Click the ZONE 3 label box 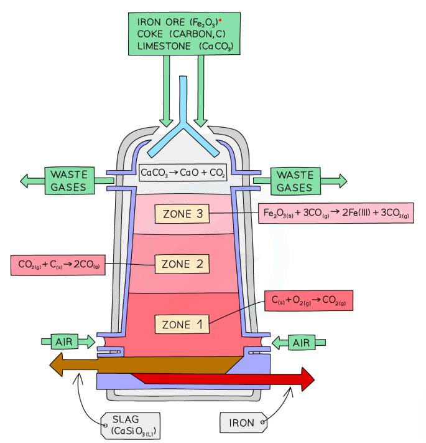click(182, 214)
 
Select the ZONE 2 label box click(182, 264)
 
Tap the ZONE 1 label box click(182, 325)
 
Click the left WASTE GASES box click(70, 181)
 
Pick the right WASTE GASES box click(295, 181)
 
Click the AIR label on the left click(64, 342)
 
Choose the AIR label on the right click(302, 343)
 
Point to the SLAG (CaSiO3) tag click(130, 426)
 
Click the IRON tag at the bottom click(243, 422)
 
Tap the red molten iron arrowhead click(308, 379)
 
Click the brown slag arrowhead click(56, 364)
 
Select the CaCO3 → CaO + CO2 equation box click(183, 173)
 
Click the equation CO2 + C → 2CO click(58, 265)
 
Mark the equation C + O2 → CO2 click(308, 300)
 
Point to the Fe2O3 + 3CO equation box click(336, 213)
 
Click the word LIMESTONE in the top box click(164, 46)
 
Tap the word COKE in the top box click(150, 34)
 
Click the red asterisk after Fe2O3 click(220, 21)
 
